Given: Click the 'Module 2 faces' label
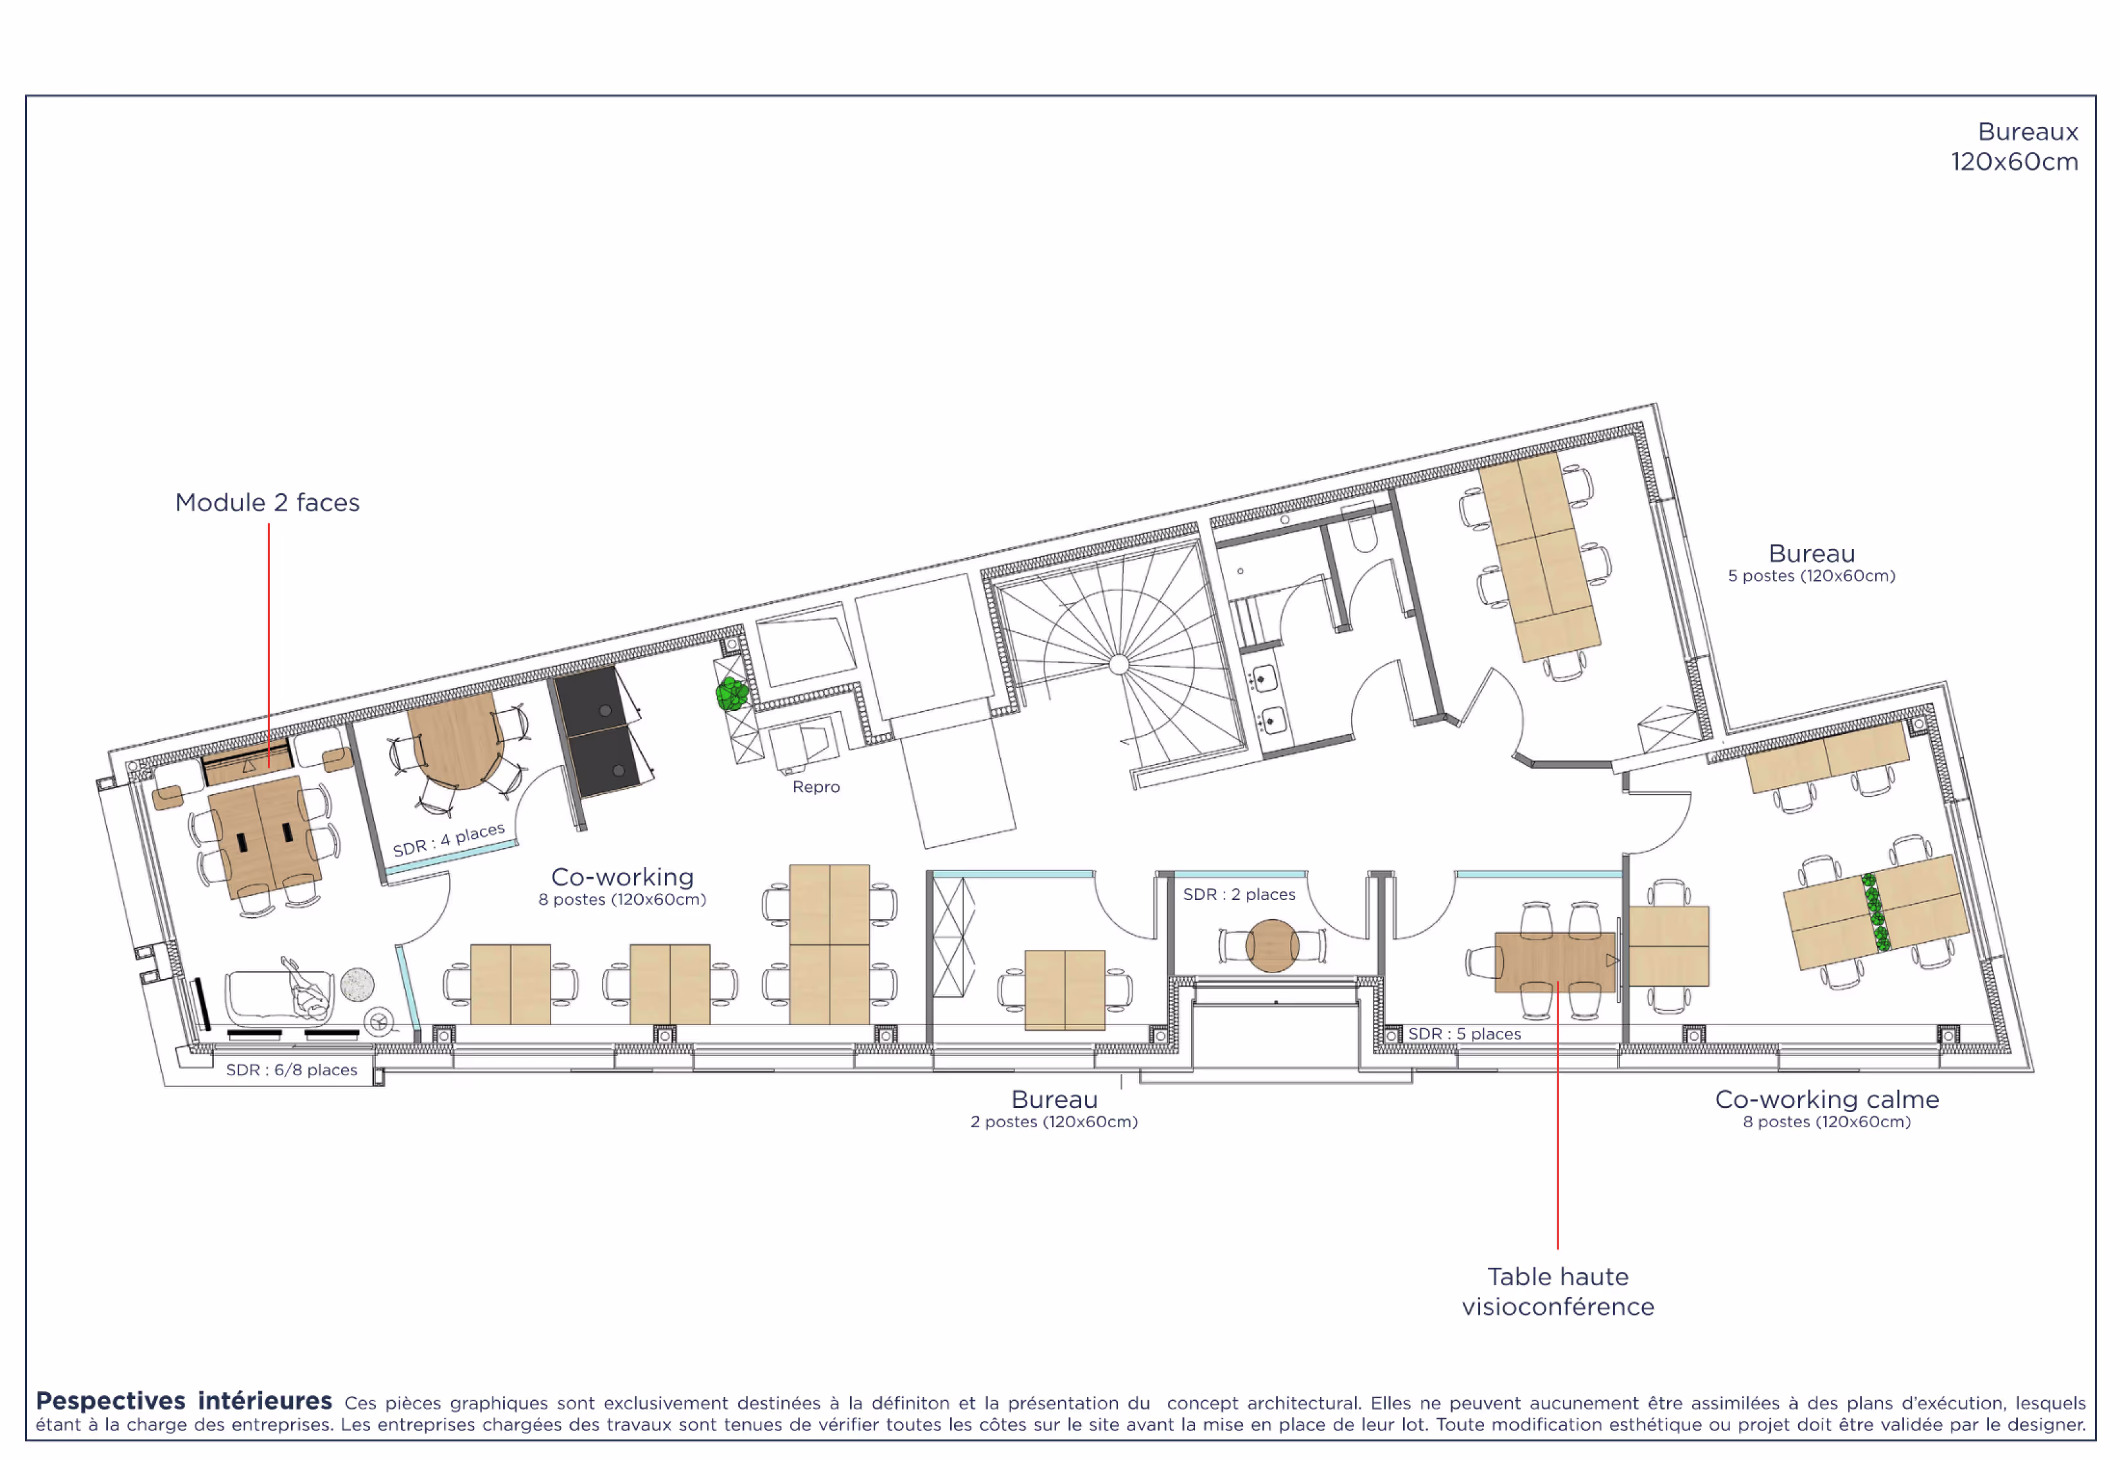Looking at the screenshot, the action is pos(267,502).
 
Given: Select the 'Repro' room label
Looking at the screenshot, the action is pos(815,787).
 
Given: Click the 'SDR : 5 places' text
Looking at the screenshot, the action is pos(1464,1033).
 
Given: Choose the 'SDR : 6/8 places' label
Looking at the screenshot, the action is pos(291,1069).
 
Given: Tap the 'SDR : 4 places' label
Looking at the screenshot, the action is pos(448,839).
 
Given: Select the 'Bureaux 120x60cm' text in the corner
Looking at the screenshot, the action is pos(2014,146).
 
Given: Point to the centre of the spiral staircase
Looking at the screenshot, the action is pos(1118,664).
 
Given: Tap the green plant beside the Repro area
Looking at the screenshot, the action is pos(731,694).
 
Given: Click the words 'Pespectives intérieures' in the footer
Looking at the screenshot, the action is pos(184,1400).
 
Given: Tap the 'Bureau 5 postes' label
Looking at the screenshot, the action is pos(1811,563).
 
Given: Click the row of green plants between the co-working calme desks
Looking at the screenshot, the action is pos(1876,912).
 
